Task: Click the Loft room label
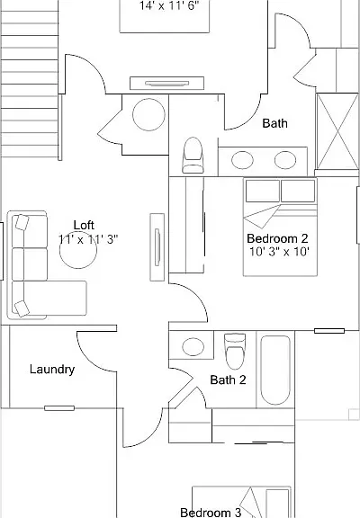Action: click(x=84, y=225)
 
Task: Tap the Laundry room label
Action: click(x=52, y=370)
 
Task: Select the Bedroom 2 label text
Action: click(x=277, y=238)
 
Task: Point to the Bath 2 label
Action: click(x=228, y=380)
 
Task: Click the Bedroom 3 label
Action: click(x=211, y=513)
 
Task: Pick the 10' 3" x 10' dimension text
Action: click(x=279, y=252)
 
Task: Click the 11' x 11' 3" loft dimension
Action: click(x=88, y=239)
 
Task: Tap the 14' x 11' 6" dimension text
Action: click(x=169, y=5)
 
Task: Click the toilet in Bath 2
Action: click(x=235, y=351)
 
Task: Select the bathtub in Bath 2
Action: click(x=275, y=370)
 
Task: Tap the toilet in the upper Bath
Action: click(x=193, y=156)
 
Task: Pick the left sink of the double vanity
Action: click(x=242, y=160)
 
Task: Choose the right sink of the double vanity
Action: click(x=285, y=160)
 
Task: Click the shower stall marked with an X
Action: click(x=337, y=131)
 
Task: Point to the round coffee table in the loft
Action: click(x=78, y=250)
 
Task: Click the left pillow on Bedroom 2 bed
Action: click(x=263, y=191)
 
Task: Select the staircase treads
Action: click(x=30, y=78)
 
